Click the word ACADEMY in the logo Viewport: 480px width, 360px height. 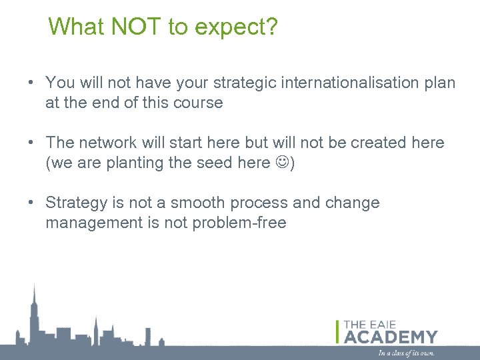pos(391,337)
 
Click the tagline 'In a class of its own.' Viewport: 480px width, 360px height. pos(406,353)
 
